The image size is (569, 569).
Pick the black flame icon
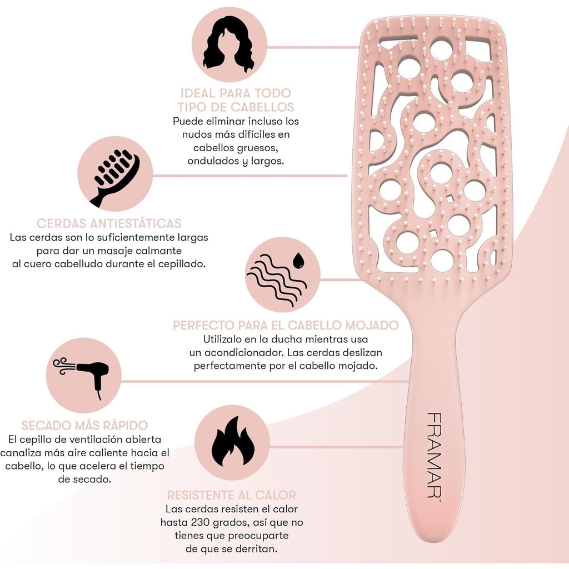click(232, 442)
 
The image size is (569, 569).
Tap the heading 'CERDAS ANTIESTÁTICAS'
click(109, 223)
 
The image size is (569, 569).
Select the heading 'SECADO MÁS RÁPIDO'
click(84, 425)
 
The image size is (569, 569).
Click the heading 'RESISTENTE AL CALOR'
click(232, 495)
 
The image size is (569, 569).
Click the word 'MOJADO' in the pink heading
click(372, 325)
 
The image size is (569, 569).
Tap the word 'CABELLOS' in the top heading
click(262, 107)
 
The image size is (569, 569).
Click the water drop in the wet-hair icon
click(298, 260)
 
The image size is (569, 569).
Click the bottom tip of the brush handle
click(434, 542)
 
